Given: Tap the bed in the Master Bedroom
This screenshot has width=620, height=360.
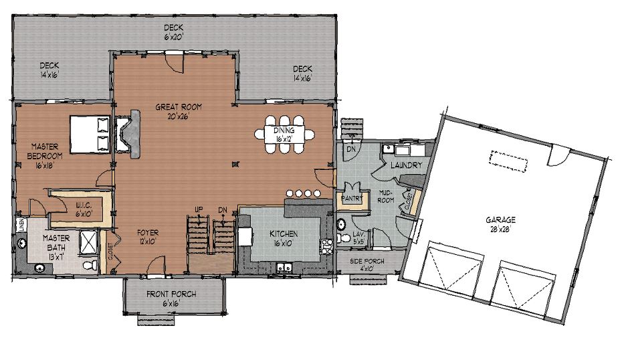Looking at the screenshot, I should click(89, 134).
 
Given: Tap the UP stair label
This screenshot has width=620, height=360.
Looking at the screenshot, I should click(199, 210).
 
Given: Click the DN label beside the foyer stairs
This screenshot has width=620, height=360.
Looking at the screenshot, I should click(222, 210).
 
